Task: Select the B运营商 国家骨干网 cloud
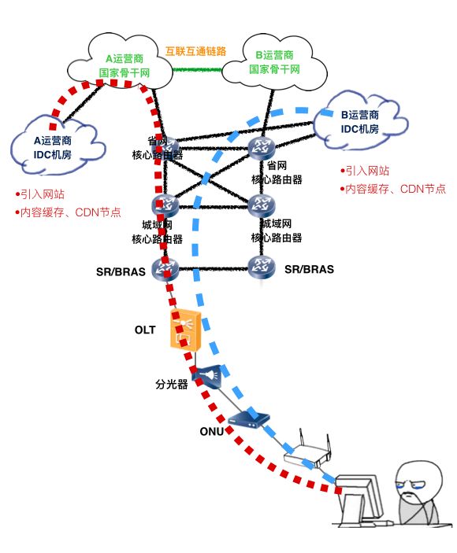click(x=275, y=62)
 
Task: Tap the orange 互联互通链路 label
click(x=195, y=51)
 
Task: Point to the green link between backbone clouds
click(x=197, y=69)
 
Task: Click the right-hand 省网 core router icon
click(x=260, y=146)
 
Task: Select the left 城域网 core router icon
click(x=166, y=205)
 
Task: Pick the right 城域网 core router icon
click(x=260, y=206)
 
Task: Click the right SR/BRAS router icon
click(x=260, y=267)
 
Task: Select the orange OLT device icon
click(x=187, y=330)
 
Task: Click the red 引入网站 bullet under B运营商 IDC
click(x=366, y=171)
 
